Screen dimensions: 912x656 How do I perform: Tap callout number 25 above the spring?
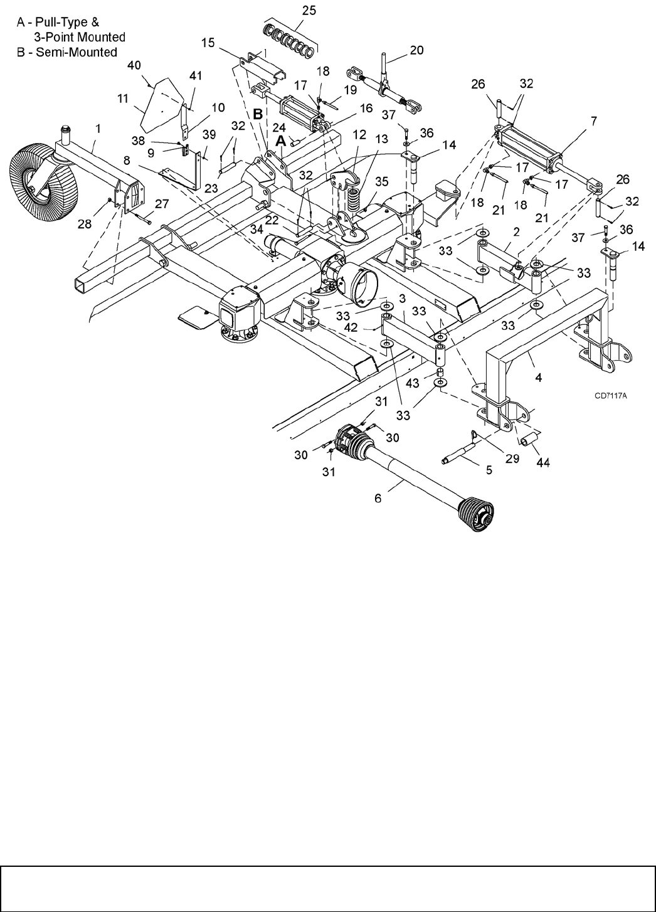point(309,10)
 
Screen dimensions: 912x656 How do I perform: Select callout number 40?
point(135,65)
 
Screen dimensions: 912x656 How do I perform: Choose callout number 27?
point(162,203)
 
